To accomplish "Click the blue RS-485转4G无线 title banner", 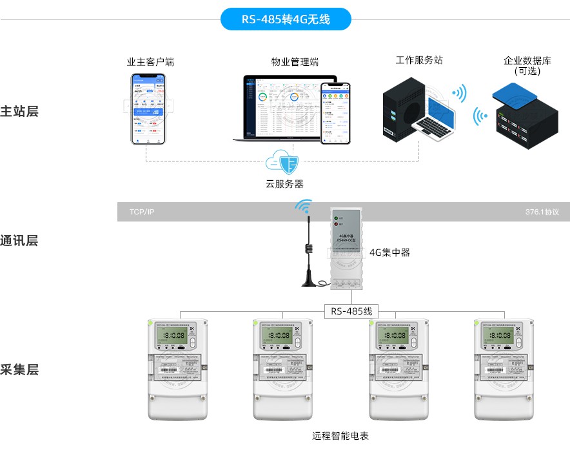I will point(286,19).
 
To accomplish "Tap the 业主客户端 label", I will point(150,62).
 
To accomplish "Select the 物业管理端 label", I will point(295,62).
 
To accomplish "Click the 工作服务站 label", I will point(419,60).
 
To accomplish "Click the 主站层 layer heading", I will point(20,111).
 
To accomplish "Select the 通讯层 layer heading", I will point(20,241).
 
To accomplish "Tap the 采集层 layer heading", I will point(20,370).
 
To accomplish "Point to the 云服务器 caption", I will point(284,184).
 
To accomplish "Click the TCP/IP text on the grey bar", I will point(142,212).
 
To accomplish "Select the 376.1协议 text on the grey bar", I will point(542,212).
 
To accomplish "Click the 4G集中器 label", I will point(389,253).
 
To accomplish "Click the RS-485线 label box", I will point(351,311).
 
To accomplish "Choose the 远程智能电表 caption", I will point(340,436).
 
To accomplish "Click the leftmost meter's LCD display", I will point(171,336).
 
